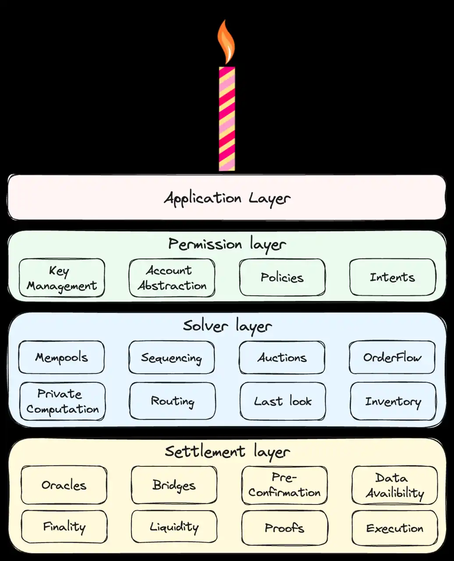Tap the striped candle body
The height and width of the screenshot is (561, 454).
pos(227,118)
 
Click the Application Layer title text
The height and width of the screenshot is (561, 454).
pos(227,198)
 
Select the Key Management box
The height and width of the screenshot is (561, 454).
pos(62,278)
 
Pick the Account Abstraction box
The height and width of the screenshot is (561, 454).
pos(172,278)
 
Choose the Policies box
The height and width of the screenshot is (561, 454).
pos(282,277)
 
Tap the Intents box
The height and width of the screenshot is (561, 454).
pos(392,277)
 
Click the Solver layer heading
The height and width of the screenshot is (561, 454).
pos(227,326)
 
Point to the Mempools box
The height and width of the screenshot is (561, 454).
pos(61,358)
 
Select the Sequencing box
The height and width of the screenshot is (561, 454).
pos(171,358)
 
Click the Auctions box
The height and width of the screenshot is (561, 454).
pos(282,358)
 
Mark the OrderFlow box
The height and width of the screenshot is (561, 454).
pos(392,358)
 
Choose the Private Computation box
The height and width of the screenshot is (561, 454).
pos(62,401)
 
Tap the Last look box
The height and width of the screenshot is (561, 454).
pos(283,401)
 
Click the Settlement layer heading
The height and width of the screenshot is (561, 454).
pos(227,451)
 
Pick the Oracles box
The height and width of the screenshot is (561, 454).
pos(64,485)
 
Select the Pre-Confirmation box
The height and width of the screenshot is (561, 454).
pos(284,485)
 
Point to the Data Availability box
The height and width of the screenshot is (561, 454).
pos(394,485)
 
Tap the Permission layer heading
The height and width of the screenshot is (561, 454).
pos(227,244)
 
